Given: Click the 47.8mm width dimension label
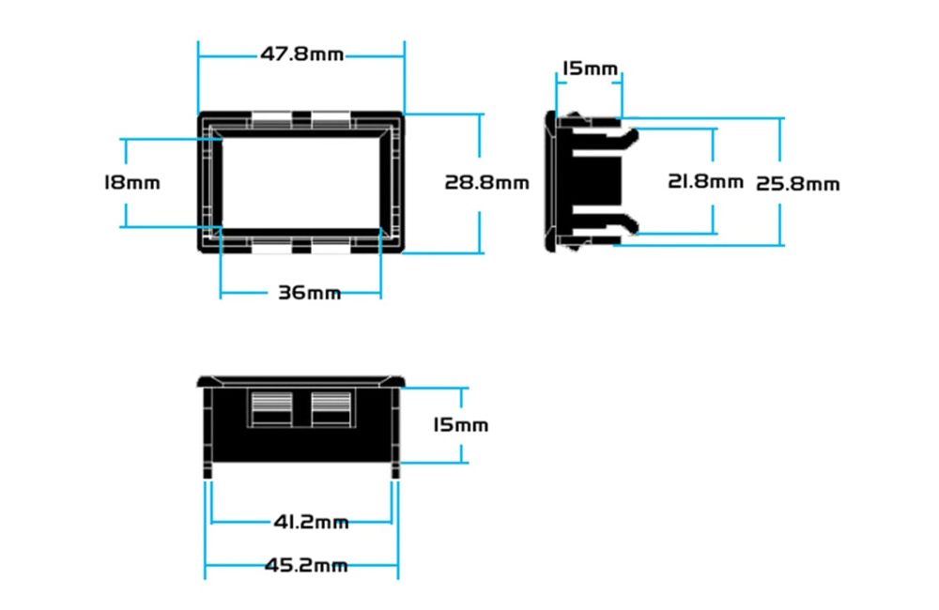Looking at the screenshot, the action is pyautogui.click(x=301, y=54).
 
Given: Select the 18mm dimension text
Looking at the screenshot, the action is pyautogui.click(x=132, y=182).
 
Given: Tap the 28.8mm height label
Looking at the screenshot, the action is pyautogui.click(x=486, y=182).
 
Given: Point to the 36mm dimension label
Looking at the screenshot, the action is pyautogui.click(x=310, y=293).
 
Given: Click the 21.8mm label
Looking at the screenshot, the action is pyautogui.click(x=705, y=181).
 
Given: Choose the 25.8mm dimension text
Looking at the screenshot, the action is pyautogui.click(x=797, y=183).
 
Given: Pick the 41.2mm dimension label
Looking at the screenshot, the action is pyautogui.click(x=311, y=522).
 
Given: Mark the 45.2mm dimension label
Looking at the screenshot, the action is pyautogui.click(x=306, y=565).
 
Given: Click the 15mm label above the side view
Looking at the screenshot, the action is pyautogui.click(x=590, y=69).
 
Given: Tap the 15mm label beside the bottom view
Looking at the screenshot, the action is pyautogui.click(x=460, y=425).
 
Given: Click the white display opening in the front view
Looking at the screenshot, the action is pyautogui.click(x=301, y=183).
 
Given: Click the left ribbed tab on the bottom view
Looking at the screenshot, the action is pyautogui.click(x=271, y=408).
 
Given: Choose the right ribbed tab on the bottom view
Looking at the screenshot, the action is pyautogui.click(x=331, y=408).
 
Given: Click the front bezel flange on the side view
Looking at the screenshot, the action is pyautogui.click(x=550, y=181).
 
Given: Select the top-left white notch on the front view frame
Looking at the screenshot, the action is pyautogui.click(x=271, y=120).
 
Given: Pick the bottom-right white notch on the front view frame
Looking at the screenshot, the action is pyautogui.click(x=331, y=245).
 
